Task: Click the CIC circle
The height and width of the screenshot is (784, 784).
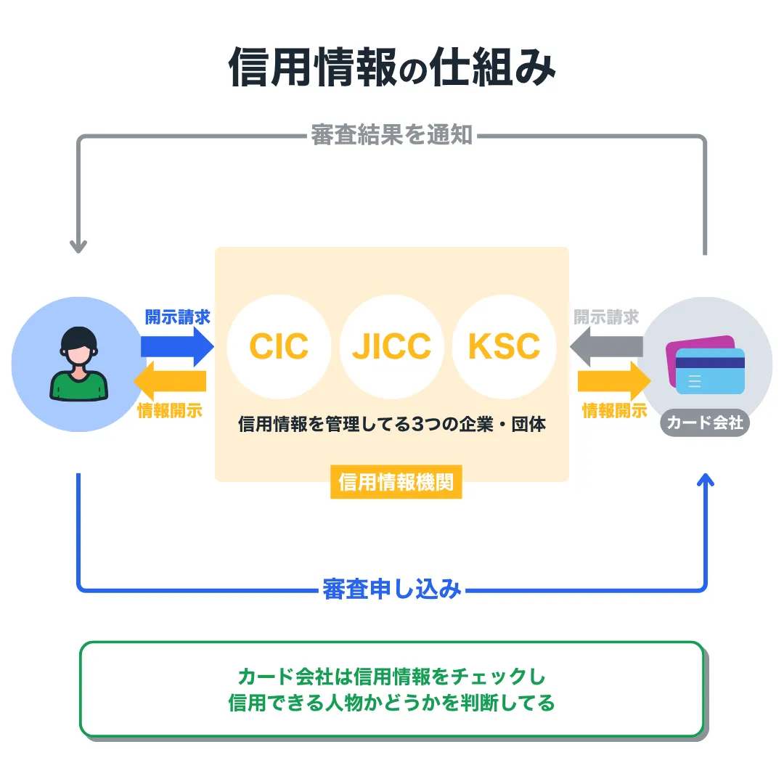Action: [279, 346]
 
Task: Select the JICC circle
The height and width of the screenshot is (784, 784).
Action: [391, 346]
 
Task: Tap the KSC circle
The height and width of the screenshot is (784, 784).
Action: [504, 346]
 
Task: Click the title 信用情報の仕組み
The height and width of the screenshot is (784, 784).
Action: [392, 68]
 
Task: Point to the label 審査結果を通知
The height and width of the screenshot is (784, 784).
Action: [392, 135]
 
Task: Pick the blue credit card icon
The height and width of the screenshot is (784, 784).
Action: [710, 371]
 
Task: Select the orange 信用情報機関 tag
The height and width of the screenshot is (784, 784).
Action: [396, 483]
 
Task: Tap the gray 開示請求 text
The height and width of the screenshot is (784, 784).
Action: [606, 317]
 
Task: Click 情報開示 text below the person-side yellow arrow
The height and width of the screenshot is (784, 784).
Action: [170, 411]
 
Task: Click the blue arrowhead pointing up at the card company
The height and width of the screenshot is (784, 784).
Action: [705, 481]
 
